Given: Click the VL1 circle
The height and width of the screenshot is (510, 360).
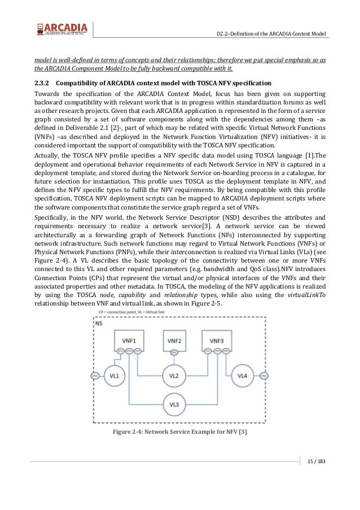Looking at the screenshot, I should coord(114,375).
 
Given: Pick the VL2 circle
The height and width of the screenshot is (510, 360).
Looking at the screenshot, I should coord(174,375).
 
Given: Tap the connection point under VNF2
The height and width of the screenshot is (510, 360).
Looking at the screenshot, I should coord(174,351).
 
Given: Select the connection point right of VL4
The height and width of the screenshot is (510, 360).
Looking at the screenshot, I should coord(264,375).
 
